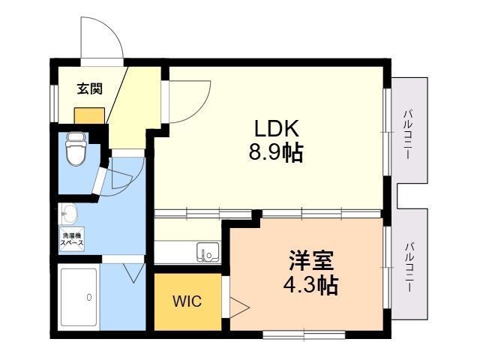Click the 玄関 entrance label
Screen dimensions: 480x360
[x=89, y=88]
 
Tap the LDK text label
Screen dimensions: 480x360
[x=276, y=128]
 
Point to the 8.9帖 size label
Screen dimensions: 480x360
[x=276, y=152]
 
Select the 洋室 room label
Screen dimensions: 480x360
[x=311, y=260]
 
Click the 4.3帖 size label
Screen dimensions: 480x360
[x=310, y=285]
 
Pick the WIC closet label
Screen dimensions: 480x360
[x=187, y=301]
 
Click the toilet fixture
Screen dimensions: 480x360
[x=76, y=148]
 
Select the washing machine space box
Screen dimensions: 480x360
[x=72, y=239]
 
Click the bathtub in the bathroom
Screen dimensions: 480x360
[x=79, y=297]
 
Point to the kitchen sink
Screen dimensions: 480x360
[x=208, y=253]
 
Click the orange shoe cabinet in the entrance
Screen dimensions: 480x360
[x=89, y=115]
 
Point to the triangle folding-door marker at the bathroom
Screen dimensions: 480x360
[x=133, y=273]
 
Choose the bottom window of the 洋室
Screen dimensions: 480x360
[x=304, y=334]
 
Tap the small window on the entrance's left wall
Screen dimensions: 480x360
[x=54, y=103]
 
